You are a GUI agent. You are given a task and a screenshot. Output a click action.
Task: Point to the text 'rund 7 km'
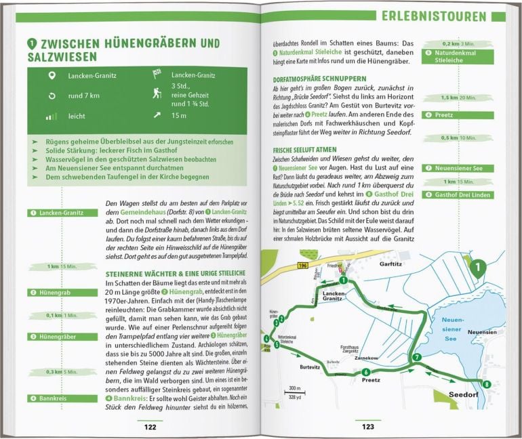[86, 96]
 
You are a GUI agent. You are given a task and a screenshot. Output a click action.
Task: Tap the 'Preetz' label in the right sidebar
[446, 115]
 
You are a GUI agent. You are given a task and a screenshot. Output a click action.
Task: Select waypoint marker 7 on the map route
[416, 357]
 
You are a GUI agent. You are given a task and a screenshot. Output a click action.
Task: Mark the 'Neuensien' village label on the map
[482, 333]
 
